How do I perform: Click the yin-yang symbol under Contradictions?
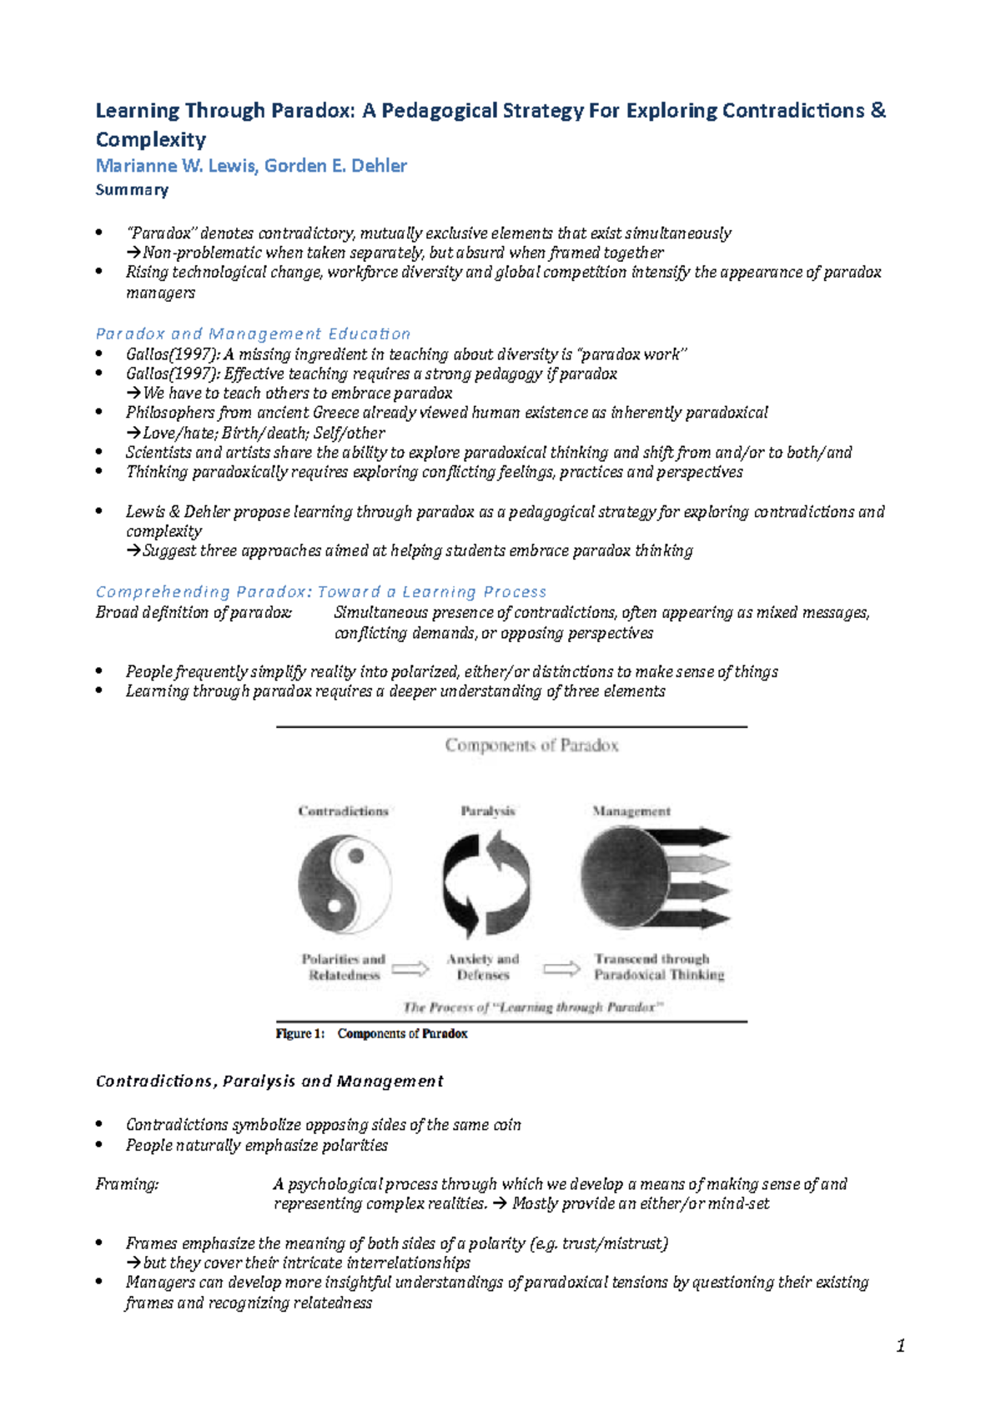[345, 884]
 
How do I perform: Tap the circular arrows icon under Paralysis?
[485, 884]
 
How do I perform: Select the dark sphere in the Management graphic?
[626, 877]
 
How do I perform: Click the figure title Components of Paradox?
[531, 745]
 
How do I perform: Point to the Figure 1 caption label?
[371, 1033]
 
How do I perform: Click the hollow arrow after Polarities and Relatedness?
[410, 968]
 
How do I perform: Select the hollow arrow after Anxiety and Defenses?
[561, 968]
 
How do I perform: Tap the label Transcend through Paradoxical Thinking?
[658, 967]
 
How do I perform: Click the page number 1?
[900, 1345]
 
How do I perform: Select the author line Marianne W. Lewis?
[251, 166]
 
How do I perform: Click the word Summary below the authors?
[132, 190]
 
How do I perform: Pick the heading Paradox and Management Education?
[253, 334]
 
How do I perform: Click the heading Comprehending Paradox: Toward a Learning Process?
[321, 591]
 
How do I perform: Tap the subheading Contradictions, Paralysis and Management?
[269, 1081]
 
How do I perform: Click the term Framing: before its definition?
[127, 1184]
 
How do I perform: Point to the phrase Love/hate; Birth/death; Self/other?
[263, 433]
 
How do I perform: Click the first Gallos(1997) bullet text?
[406, 354]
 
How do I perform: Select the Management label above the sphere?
[631, 811]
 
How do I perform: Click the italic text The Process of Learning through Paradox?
[533, 1007]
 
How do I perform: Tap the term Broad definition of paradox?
[194, 613]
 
